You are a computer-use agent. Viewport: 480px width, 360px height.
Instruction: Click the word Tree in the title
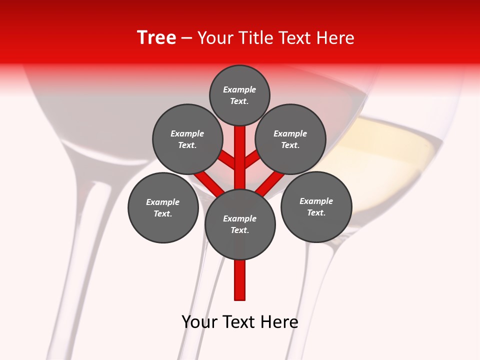click(x=156, y=38)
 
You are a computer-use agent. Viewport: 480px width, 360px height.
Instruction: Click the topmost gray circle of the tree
click(x=239, y=95)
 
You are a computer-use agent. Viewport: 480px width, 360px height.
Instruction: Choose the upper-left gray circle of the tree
click(x=187, y=139)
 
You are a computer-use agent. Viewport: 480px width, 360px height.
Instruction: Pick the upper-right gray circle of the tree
click(x=290, y=139)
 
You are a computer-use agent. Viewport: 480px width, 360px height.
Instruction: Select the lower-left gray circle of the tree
click(x=163, y=208)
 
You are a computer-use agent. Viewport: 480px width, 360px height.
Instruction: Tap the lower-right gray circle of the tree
click(x=316, y=207)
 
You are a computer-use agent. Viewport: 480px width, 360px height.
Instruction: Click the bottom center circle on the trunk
click(x=240, y=224)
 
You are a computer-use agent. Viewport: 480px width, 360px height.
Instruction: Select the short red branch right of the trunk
click(x=252, y=159)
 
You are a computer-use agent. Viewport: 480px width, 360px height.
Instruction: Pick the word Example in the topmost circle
click(x=239, y=90)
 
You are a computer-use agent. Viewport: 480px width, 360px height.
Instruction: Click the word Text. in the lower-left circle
click(x=163, y=214)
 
